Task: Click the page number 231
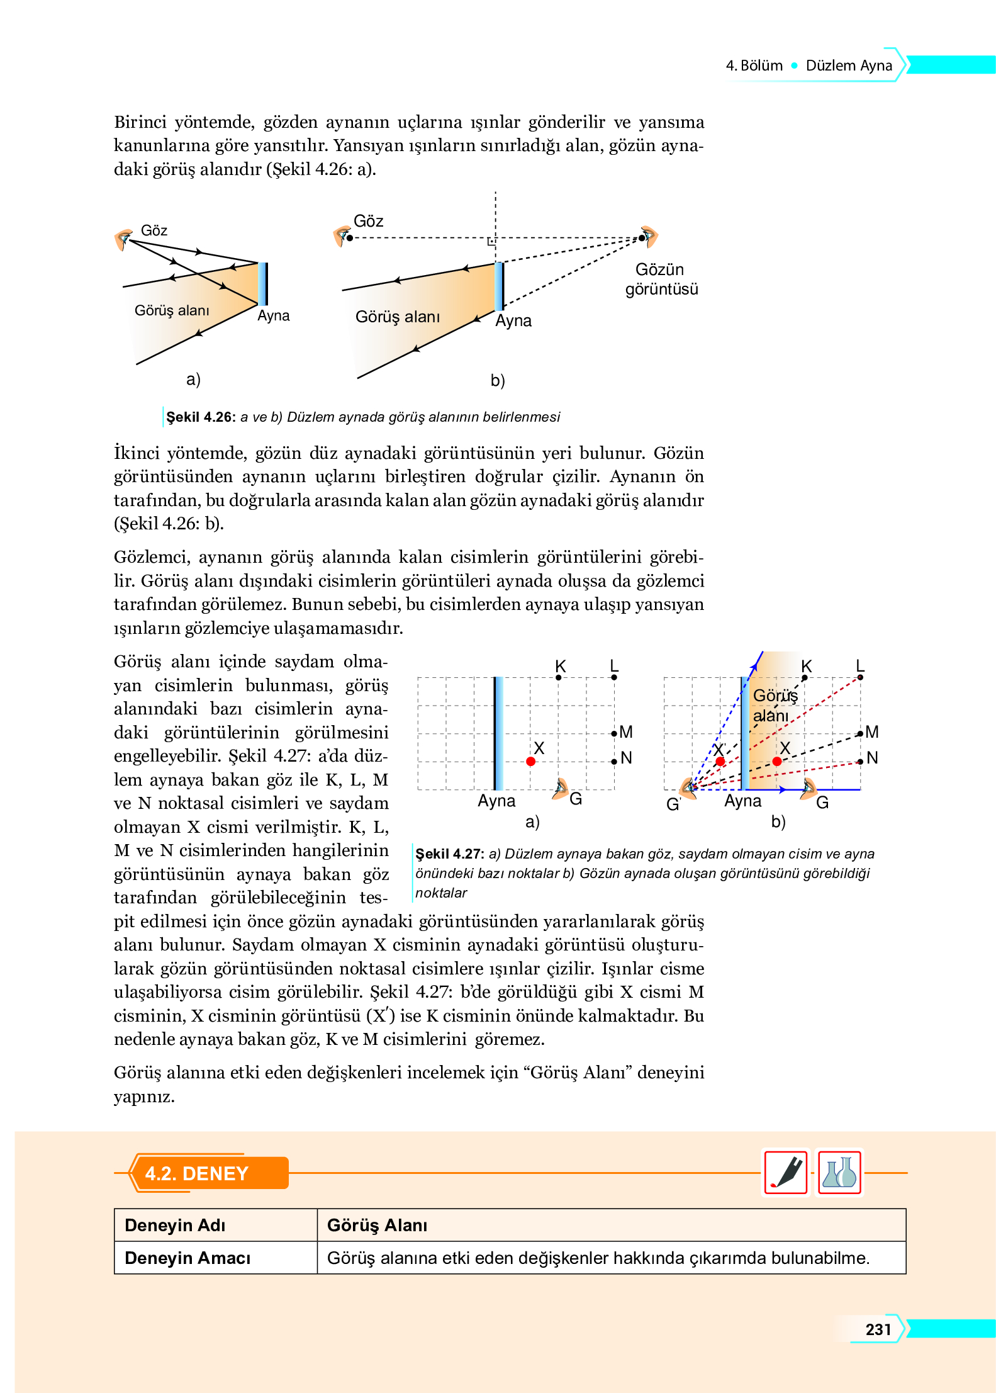(878, 1329)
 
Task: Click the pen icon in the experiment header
(786, 1172)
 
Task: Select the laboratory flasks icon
(839, 1172)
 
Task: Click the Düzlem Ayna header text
(849, 65)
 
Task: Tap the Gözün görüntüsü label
(661, 279)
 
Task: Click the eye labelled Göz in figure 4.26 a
(123, 239)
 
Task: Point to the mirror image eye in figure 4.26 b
(647, 237)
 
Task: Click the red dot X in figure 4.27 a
(530, 761)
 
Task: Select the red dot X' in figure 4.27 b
(720, 761)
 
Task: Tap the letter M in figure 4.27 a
(625, 731)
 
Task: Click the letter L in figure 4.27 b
(860, 666)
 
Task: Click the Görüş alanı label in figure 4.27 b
(774, 705)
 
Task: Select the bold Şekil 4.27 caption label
(449, 854)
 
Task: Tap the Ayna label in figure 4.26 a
(273, 315)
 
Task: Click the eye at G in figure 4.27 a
(560, 789)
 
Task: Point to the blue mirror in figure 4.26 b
(499, 286)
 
